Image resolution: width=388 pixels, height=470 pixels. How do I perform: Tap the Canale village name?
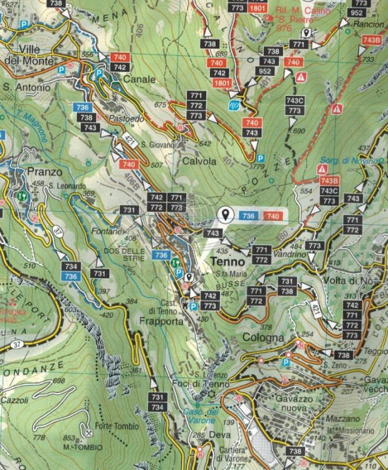point(139,80)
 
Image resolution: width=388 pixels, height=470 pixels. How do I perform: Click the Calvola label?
point(200,160)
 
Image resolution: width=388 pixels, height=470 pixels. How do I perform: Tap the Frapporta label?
point(162,321)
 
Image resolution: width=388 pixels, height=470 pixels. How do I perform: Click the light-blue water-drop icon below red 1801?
point(234,105)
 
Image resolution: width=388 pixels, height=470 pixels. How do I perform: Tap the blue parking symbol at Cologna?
point(286,362)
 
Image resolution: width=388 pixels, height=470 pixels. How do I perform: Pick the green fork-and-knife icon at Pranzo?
point(23,194)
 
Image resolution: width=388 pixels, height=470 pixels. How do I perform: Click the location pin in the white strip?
point(225,215)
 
